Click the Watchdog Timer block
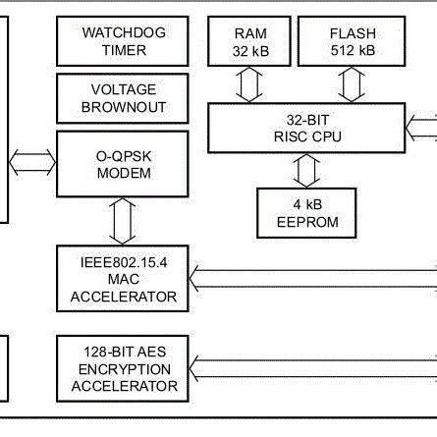coord(115,40)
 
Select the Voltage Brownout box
coord(115,98)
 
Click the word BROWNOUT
coord(115,107)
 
